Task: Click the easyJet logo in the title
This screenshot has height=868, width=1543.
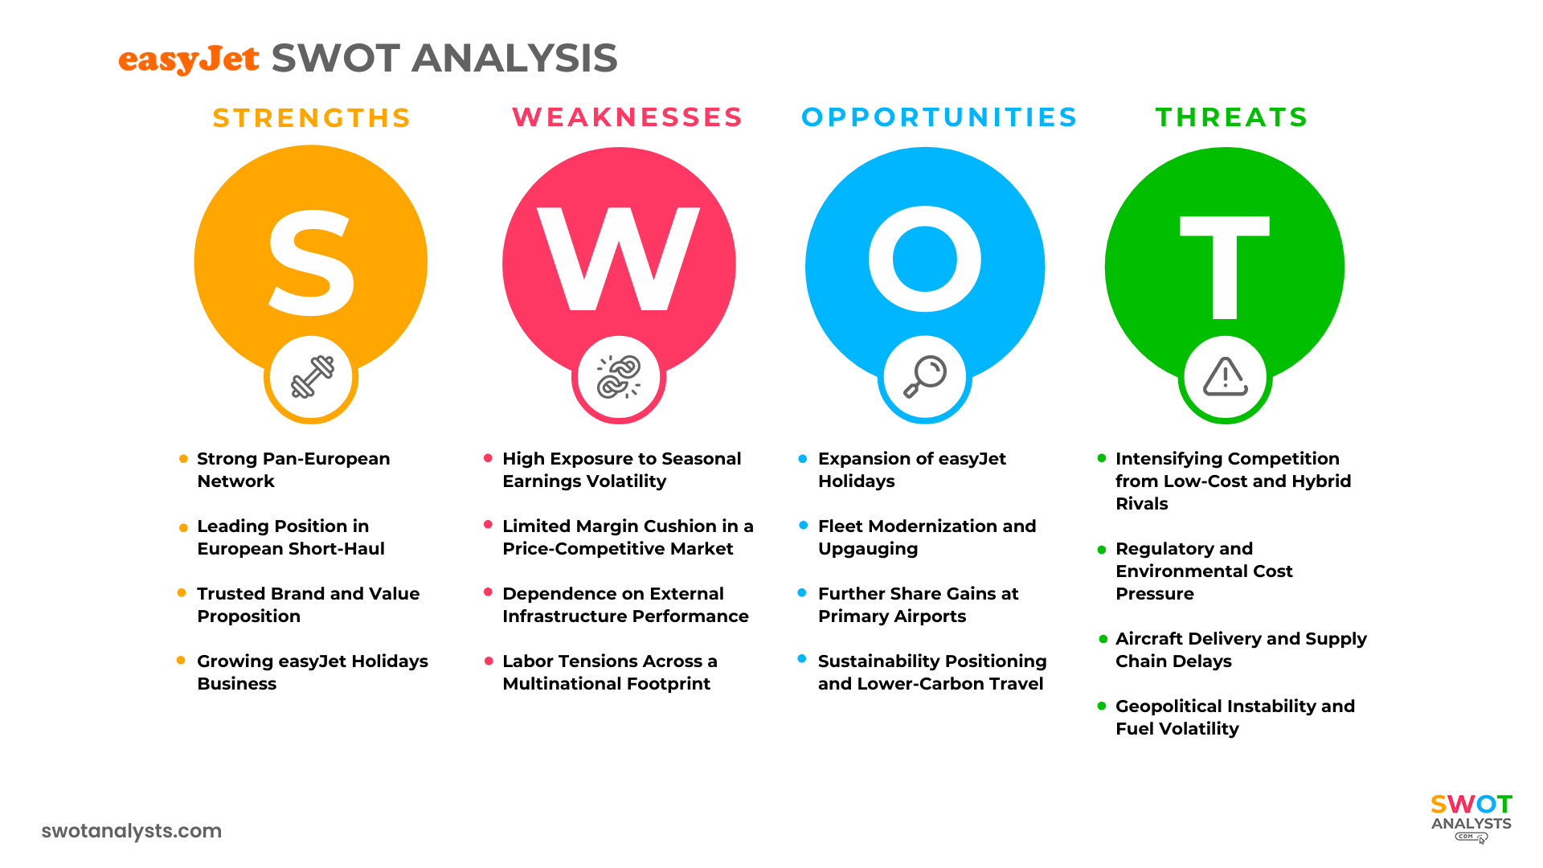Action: point(188,59)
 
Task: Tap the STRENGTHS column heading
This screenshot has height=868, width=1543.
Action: point(312,118)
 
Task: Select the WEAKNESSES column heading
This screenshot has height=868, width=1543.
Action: point(627,117)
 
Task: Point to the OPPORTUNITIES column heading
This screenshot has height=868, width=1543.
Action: point(939,117)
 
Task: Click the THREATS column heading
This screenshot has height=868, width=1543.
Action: point(1231,117)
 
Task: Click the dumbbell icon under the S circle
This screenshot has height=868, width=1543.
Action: point(312,377)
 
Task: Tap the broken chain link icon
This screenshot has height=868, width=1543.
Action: point(619,377)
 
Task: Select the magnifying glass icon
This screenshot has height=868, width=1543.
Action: point(925,377)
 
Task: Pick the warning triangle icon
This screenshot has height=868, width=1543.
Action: point(1225,377)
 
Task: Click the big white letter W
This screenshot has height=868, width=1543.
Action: point(619,259)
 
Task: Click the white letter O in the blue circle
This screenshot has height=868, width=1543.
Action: point(925,259)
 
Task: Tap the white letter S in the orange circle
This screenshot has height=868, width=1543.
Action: point(311,263)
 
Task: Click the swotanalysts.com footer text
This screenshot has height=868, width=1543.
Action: point(131,831)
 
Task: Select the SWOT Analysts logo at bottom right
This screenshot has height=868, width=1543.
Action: point(1471,817)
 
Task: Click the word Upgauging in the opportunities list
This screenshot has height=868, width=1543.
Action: point(868,549)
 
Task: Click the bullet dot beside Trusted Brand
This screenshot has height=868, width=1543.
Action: point(182,593)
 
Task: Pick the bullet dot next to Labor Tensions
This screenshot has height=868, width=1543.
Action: point(489,661)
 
